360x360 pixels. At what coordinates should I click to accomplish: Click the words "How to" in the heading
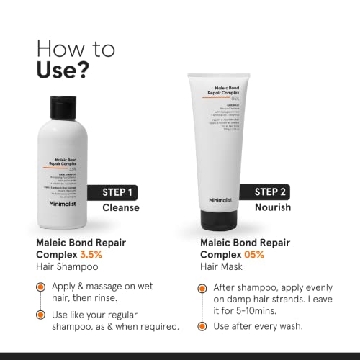coord(75,48)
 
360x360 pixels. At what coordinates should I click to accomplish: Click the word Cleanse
coord(121,208)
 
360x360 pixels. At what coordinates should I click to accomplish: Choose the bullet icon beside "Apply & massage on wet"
coord(42,287)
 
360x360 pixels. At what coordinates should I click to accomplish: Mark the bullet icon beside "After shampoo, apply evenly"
coord(204,287)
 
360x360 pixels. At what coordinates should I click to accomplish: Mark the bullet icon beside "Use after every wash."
coord(204,326)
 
